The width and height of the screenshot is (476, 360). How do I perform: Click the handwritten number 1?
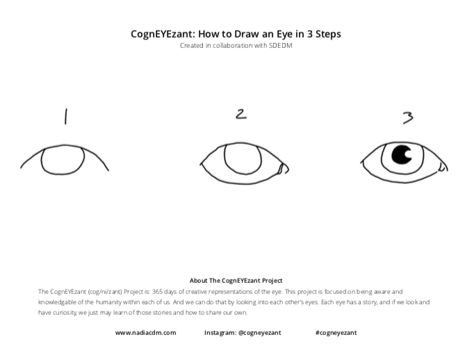click(x=65, y=117)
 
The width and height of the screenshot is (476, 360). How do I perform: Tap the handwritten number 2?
click(x=241, y=114)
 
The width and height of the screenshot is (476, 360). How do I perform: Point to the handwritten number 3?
click(x=408, y=117)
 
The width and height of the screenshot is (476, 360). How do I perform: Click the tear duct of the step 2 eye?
click(x=284, y=169)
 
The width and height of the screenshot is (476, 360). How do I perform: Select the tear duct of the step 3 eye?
click(x=443, y=166)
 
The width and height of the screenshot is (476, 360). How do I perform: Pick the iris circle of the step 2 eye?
click(x=225, y=158)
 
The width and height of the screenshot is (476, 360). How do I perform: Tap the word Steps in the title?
click(x=328, y=34)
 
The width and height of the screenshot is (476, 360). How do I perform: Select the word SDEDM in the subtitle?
click(x=281, y=46)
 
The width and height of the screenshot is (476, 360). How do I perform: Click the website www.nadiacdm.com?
click(x=146, y=333)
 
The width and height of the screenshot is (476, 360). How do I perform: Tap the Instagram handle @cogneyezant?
click(x=260, y=333)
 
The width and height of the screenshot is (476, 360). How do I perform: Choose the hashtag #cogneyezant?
click(x=336, y=333)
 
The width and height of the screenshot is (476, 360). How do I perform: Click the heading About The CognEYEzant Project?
click(x=236, y=281)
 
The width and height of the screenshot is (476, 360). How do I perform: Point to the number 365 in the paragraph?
click(x=157, y=292)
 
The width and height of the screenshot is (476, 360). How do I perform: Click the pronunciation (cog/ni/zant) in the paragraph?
click(x=105, y=292)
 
